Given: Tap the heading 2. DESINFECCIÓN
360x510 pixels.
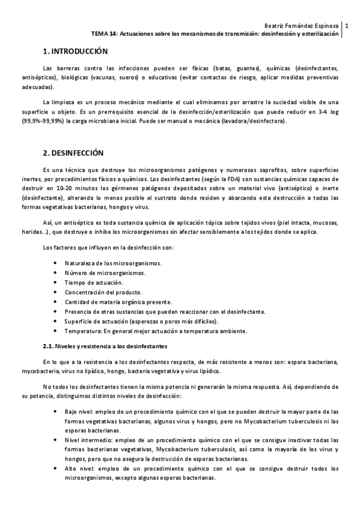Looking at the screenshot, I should pyautogui.click(x=74, y=153).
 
